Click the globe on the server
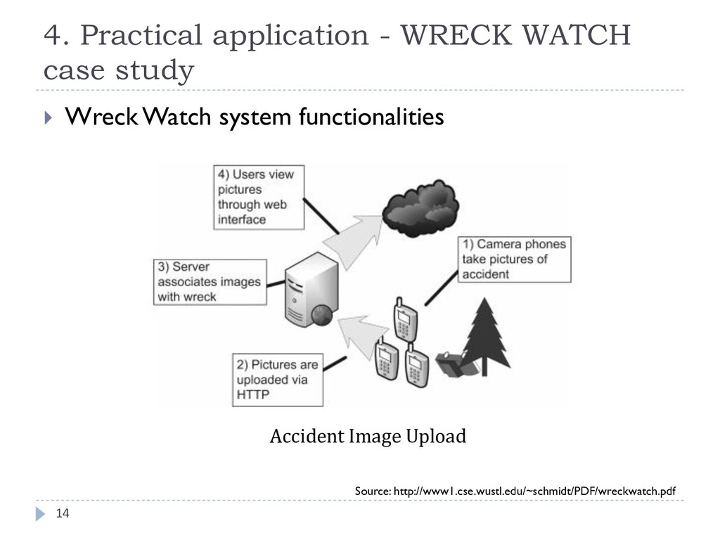320,315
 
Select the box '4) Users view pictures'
259,196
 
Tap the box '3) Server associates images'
210,282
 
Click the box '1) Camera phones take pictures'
514,259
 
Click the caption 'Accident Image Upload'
368,437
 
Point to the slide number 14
63,514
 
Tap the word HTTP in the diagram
252,395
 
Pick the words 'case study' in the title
118,70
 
